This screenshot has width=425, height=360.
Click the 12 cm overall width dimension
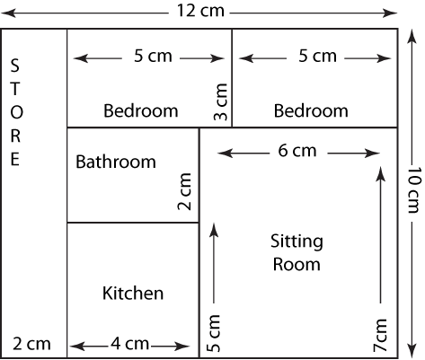pos(200,11)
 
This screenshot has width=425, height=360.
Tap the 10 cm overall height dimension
pos(414,189)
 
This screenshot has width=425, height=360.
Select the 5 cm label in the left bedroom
pos(153,56)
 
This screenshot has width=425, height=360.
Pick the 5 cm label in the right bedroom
pos(317,56)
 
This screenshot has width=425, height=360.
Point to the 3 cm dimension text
pos(221,101)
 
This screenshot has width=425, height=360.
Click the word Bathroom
pos(116,162)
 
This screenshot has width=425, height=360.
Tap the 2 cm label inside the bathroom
pos(184,191)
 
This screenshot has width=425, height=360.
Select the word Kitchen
pos(133,294)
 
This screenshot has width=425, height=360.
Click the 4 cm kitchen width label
pos(130,344)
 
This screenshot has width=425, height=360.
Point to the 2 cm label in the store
pos(31,344)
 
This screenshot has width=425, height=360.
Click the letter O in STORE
pos(16,112)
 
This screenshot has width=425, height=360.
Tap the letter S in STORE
pos(14,66)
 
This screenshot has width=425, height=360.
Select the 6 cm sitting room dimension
pos(297,151)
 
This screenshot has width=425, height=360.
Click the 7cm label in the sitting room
pos(380,335)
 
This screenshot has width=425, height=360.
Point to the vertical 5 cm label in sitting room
pos(213,333)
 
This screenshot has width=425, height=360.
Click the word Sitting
pos(297,241)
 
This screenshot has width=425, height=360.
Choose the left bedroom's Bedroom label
pos(141,110)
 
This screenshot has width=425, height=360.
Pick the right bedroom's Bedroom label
pos(311,110)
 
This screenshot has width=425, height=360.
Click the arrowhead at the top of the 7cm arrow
pos(380,173)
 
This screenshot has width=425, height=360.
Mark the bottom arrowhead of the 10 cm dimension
pos(412,350)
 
